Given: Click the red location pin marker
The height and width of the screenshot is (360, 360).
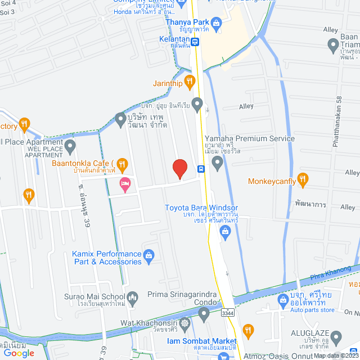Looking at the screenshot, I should click(179, 168).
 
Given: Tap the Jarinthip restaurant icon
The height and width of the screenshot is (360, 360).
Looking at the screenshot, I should click(190, 83).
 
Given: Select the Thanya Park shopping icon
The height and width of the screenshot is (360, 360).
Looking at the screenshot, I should click(217, 22).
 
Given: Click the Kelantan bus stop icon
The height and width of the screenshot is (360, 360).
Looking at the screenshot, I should click(195, 41).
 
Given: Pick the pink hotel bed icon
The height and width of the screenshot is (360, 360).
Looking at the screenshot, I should click(125, 183).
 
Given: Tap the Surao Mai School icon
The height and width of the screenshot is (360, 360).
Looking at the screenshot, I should click(133, 296).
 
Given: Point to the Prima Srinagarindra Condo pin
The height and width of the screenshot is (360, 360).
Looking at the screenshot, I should click(204, 312).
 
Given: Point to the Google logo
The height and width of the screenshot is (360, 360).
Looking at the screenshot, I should click(19, 353).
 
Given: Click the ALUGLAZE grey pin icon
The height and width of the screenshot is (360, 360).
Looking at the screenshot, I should click(336, 338).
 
